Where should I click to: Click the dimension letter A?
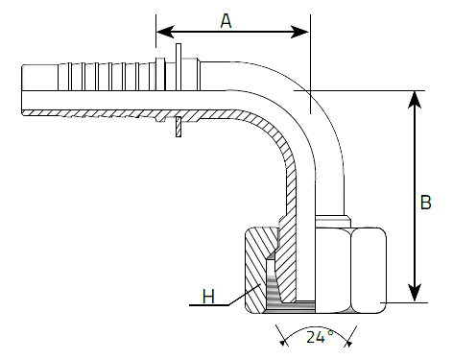[226, 21]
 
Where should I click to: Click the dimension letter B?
[425, 203]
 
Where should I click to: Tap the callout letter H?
[208, 297]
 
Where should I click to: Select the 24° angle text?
[320, 337]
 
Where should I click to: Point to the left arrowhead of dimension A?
[165, 32]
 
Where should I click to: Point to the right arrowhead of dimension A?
[300, 32]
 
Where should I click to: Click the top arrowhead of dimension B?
[415, 100]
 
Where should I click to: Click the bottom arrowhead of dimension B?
[415, 293]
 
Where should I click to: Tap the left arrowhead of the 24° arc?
[282, 343]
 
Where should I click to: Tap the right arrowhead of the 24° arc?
[348, 344]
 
